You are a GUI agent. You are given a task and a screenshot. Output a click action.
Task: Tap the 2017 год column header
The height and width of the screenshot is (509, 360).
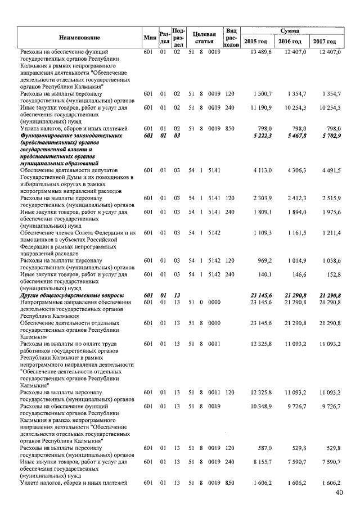325,42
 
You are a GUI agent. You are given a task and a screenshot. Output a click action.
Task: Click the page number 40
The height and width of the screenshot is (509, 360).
339,493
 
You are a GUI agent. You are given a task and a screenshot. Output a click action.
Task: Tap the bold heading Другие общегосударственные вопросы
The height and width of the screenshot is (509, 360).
72,295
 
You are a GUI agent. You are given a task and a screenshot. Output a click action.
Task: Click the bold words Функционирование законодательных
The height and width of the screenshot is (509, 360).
70,136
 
